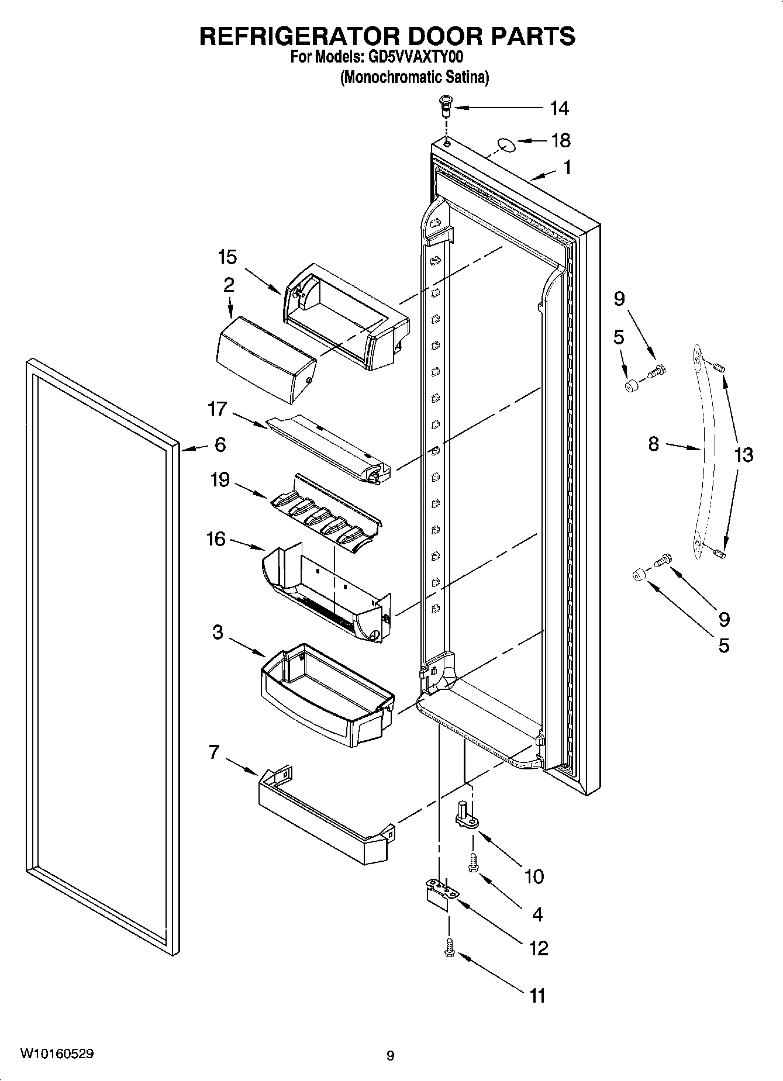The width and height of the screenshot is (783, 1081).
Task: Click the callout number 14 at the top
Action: coord(559,108)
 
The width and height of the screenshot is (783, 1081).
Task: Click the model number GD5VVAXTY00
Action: coord(417,57)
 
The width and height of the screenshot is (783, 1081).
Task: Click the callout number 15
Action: coord(227,257)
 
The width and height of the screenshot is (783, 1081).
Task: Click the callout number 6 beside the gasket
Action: coord(220,445)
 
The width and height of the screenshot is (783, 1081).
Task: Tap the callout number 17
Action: coord(217,409)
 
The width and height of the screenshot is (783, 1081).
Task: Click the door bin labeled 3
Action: coord(325,696)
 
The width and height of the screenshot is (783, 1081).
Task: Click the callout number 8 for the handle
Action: coord(654,444)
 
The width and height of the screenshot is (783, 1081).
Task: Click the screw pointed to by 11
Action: coord(449,947)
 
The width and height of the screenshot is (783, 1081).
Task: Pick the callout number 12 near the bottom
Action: coord(538,948)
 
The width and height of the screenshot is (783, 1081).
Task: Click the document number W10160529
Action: coord(57,1054)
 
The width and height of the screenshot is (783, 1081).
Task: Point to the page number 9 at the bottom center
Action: coord(391,1056)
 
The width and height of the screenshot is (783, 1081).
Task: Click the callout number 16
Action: coord(216,538)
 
